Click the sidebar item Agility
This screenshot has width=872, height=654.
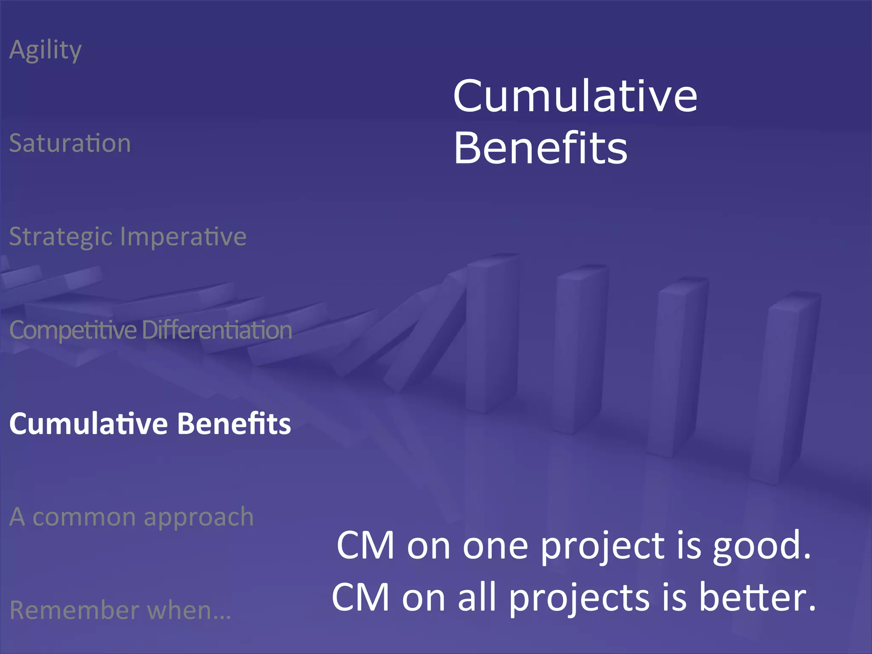tap(45, 50)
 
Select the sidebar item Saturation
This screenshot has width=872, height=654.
tap(70, 143)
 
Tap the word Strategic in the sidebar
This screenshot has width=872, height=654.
tap(60, 237)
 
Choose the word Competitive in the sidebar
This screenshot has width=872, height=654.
tap(72, 330)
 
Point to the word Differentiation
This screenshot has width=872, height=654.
tap(217, 330)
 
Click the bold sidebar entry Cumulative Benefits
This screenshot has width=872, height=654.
tap(150, 424)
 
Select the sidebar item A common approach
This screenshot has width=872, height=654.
tap(131, 517)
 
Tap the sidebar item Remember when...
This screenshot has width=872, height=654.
tap(120, 610)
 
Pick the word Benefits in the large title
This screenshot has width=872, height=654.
tap(540, 148)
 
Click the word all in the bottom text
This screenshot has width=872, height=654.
tap(477, 597)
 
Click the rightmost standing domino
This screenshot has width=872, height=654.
tap(783, 387)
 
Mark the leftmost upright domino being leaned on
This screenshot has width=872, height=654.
tap(492, 332)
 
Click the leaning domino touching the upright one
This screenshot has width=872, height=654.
tap(430, 336)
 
